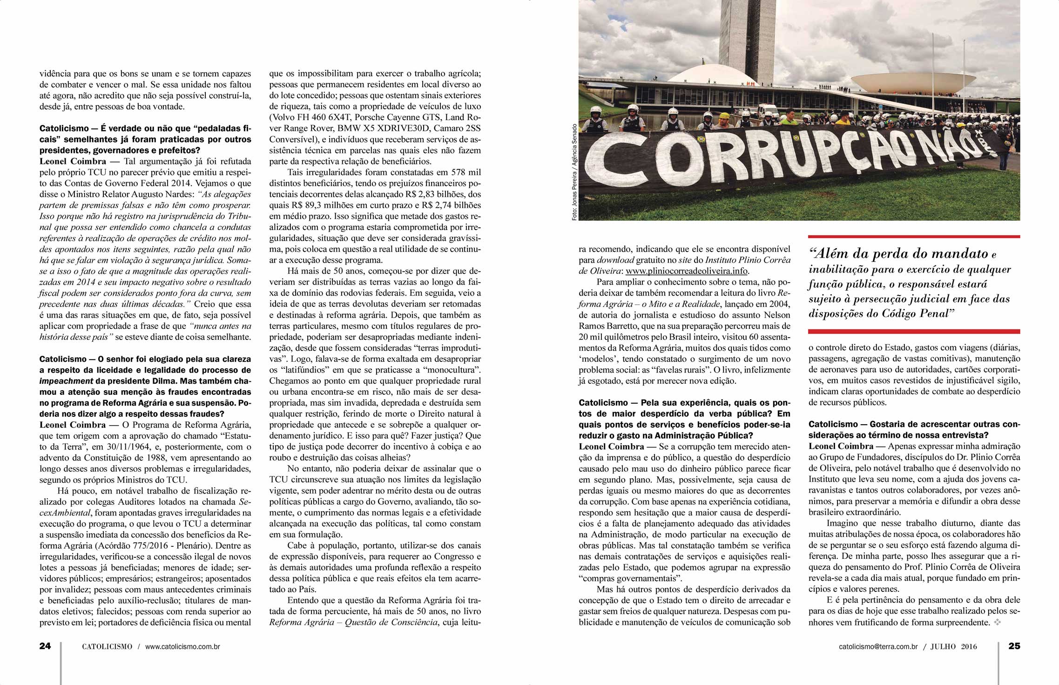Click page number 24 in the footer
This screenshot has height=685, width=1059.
click(45, 646)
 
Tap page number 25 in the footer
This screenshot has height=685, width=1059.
click(1014, 646)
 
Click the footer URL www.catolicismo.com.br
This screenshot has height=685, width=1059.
click(182, 646)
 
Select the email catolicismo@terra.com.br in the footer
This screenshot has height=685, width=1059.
click(878, 646)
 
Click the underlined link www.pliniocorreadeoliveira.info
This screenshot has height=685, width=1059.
click(687, 271)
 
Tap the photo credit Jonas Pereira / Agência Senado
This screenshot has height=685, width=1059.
click(574, 172)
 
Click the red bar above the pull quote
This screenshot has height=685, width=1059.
click(914, 237)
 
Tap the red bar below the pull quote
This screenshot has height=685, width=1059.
click(914, 331)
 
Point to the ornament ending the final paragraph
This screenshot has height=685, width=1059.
click(997, 623)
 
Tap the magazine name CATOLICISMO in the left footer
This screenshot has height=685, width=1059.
click(107, 646)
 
